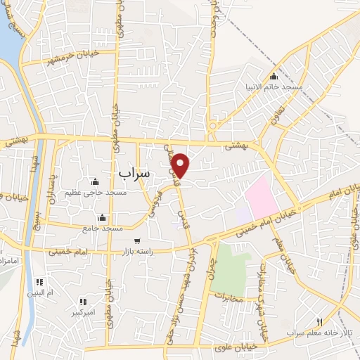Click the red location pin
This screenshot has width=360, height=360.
pos(181,165)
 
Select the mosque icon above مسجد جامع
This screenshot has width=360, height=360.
pos(103,217)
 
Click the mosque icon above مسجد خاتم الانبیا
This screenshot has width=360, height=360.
pos(274,76)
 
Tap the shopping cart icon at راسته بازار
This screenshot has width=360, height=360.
pos(136,240)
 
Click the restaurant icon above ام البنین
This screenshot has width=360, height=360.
pos(39,281)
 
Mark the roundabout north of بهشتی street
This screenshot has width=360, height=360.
pos(212,126)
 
